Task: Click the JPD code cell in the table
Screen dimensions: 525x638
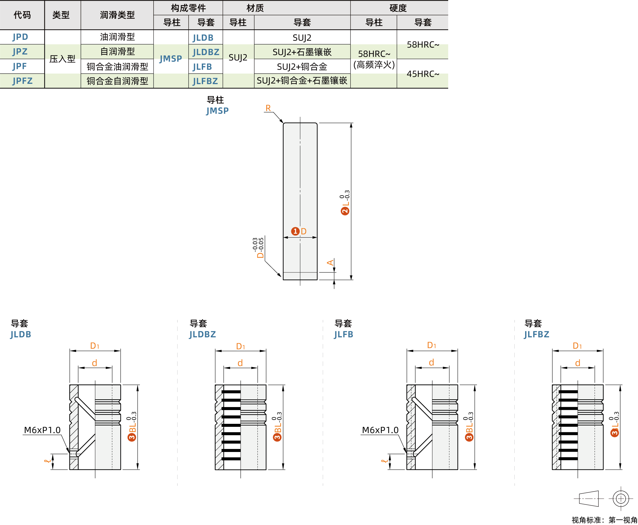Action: pos(20,37)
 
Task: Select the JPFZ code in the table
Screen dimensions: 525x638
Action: pos(22,81)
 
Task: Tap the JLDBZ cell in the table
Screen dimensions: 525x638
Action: pos(206,52)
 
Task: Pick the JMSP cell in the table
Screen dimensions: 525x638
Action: pos(171,58)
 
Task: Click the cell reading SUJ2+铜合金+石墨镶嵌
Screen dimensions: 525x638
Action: pos(301,81)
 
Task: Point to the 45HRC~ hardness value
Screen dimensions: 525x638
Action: pos(423,74)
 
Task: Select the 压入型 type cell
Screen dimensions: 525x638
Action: pos(62,59)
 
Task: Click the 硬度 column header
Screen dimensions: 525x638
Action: pos(398,8)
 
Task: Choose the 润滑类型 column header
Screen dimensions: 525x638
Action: pos(117,15)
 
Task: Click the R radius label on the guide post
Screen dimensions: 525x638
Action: pos(268,108)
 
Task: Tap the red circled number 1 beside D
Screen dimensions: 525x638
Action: pos(295,231)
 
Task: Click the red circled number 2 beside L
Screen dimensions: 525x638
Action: pos(345,211)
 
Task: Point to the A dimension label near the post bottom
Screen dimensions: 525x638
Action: pos(330,262)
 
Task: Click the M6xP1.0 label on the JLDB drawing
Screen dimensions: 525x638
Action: pos(42,430)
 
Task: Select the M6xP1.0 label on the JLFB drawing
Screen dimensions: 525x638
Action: pos(380,430)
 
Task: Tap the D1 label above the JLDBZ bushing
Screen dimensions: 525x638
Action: pos(240,346)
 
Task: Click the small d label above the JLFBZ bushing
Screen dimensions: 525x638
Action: pos(577,363)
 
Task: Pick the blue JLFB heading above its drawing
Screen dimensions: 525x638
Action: pos(343,334)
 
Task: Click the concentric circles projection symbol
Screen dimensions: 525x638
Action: pos(620,499)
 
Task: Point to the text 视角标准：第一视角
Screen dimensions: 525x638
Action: pos(604,520)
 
